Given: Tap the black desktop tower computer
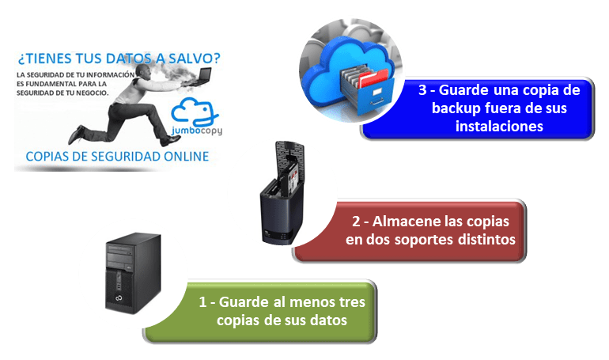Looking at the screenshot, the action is coord(129,270).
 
